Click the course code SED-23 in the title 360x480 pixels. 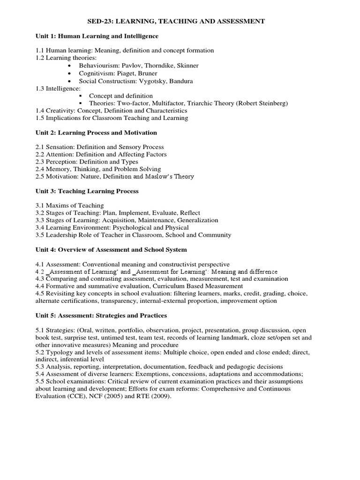[x=100, y=21]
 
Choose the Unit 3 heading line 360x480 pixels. [x=87, y=191]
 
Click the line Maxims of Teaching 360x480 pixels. [x=69, y=205]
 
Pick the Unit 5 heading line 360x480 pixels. [x=101, y=315]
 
